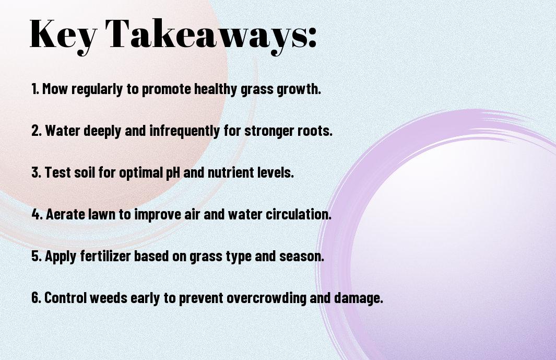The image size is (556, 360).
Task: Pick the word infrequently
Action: [185, 131]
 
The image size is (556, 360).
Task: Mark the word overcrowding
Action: [266, 298]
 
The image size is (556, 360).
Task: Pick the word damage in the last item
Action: [359, 298]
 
